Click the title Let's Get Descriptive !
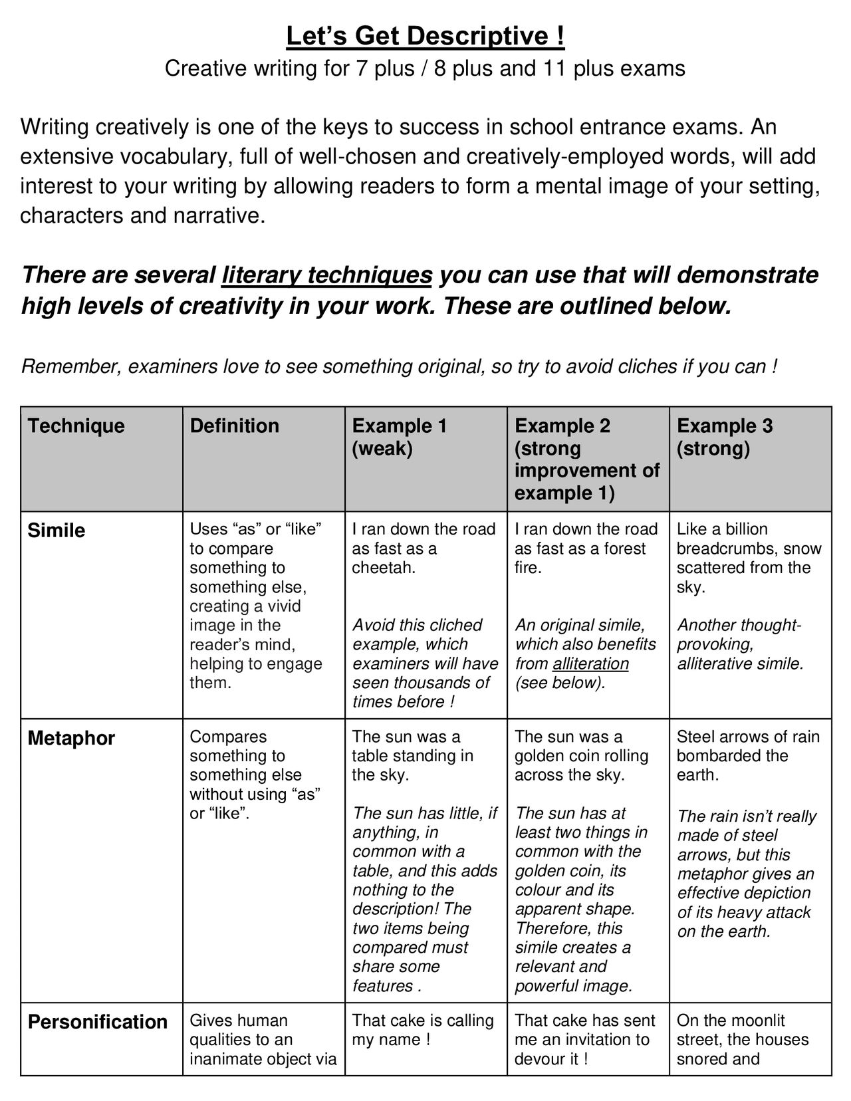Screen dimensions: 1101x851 [425, 36]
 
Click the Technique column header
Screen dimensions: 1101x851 [76, 426]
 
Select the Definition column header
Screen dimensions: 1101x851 [234, 426]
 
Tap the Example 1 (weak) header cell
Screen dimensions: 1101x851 [399, 437]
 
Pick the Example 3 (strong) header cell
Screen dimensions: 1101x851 [725, 437]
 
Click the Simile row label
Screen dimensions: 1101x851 [57, 531]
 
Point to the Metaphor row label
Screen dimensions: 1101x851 [71, 738]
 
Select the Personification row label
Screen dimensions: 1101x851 [97, 1022]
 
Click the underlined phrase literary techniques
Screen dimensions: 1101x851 [327, 275]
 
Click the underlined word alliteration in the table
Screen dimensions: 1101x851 [590, 664]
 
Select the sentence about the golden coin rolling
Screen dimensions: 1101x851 [581, 756]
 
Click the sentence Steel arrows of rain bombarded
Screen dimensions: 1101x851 [747, 756]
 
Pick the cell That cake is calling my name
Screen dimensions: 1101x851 [423, 1030]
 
